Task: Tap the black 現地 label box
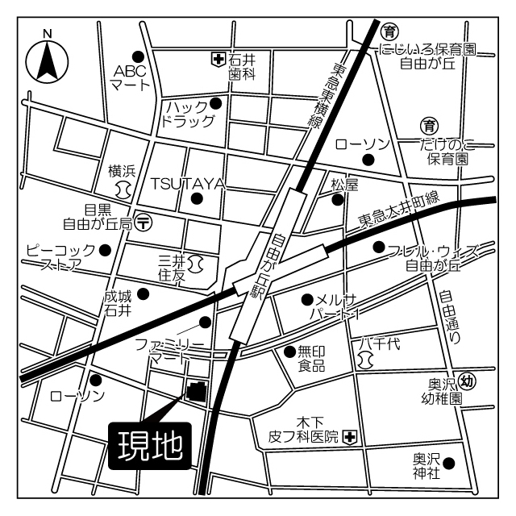[150, 444]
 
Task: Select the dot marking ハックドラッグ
[216, 102]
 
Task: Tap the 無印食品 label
[311, 358]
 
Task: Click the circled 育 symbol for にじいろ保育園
[391, 31]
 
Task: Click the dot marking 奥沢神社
[448, 463]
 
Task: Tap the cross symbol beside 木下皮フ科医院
[349, 438]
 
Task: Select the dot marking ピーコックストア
[104, 250]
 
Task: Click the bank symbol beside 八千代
[365, 361]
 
